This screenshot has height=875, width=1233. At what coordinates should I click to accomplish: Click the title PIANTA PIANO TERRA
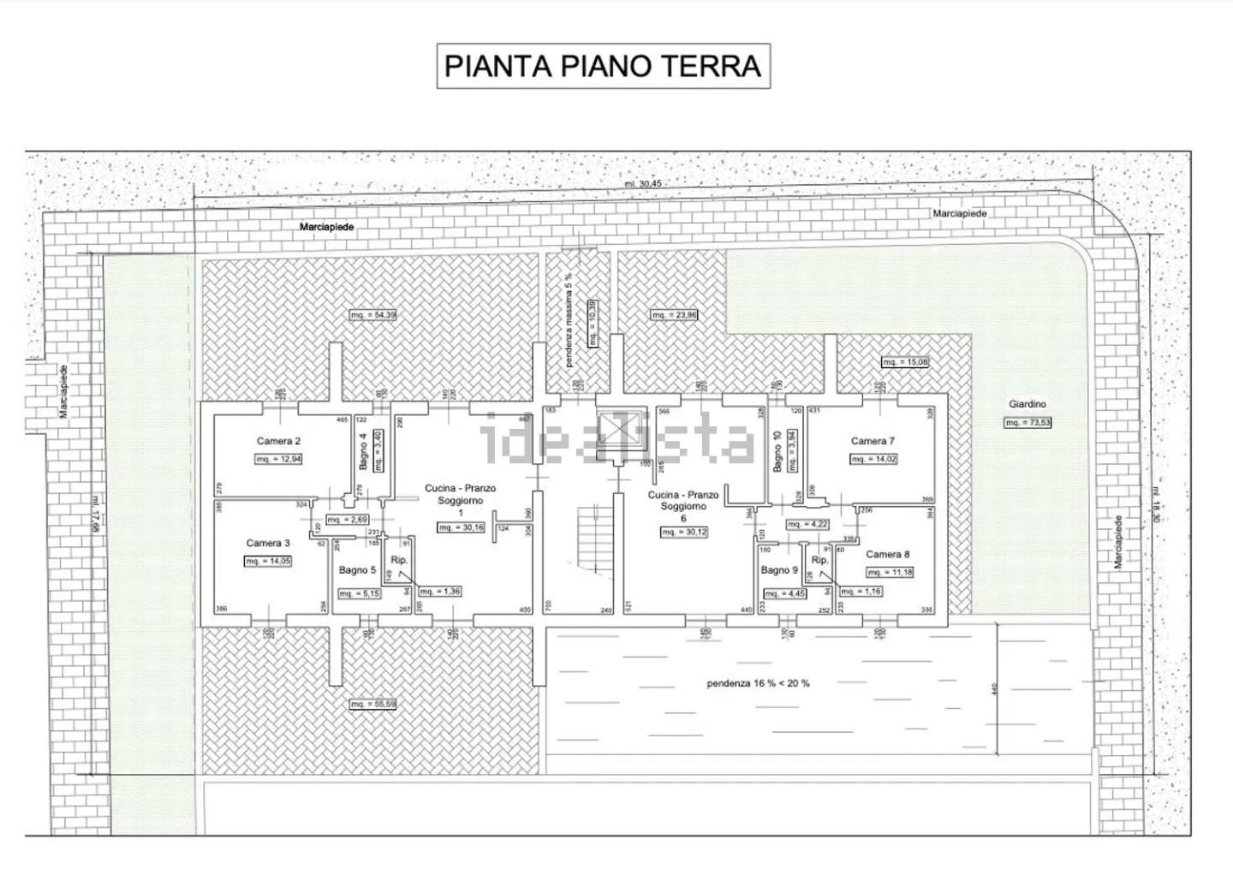(603, 66)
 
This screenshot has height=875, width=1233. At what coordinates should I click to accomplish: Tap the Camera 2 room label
(278, 442)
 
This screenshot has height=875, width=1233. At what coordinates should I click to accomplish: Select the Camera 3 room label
(268, 543)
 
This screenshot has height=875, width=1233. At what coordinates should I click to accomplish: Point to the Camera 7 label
(873, 441)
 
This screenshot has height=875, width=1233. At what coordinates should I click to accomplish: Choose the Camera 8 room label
(887, 554)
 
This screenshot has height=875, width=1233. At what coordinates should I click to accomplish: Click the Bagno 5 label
(357, 570)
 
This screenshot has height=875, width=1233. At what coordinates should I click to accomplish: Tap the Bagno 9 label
(779, 570)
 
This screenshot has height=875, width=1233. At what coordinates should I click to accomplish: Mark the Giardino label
(1027, 404)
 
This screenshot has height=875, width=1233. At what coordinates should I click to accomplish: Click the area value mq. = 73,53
(1027, 422)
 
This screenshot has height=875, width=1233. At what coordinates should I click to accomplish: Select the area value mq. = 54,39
(372, 315)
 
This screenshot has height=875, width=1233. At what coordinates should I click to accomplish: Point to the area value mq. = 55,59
(372, 704)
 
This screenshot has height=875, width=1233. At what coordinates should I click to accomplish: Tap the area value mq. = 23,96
(674, 315)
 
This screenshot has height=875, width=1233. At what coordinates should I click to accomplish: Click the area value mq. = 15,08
(904, 362)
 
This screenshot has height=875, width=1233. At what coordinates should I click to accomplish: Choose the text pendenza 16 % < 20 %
(758, 683)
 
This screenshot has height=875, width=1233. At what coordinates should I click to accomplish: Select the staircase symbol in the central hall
(590, 534)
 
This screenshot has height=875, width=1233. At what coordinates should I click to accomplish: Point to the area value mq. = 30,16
(461, 527)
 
